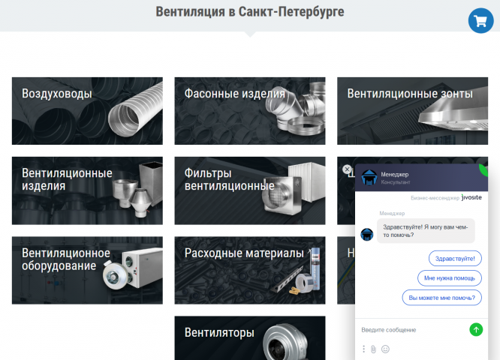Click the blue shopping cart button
480,20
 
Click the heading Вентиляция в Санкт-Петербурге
250,12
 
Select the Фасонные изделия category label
235,94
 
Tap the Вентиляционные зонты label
410,94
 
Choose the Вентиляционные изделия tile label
67,179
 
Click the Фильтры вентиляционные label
229,179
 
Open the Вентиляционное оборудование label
66,259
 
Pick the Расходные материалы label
244,253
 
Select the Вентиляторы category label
219,333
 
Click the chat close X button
347,169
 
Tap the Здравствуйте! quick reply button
455,258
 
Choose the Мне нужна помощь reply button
449,277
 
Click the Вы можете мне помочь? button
442,298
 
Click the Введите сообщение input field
411,330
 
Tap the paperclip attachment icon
373,349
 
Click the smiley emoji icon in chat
385,349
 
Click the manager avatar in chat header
369,178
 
